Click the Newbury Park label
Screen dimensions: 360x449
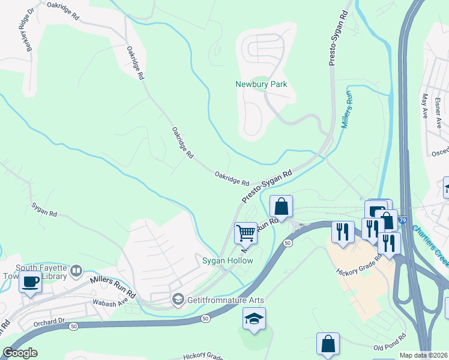(x=261, y=84)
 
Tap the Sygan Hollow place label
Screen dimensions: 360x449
(x=227, y=260)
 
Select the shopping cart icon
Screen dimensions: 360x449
(x=245, y=232)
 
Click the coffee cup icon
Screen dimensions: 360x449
(x=30, y=281)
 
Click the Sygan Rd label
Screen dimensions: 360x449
(x=44, y=210)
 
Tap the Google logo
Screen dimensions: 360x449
(x=19, y=353)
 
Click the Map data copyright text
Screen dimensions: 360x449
(x=423, y=355)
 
